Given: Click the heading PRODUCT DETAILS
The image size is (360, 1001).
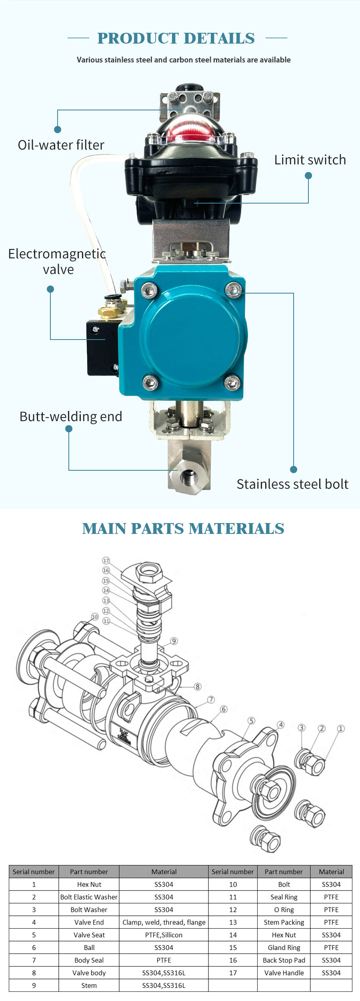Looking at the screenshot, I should pyautogui.click(x=176, y=38).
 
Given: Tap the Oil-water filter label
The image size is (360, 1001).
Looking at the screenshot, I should pyautogui.click(x=61, y=145).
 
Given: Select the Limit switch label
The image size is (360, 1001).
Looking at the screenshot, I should pyautogui.click(x=310, y=160).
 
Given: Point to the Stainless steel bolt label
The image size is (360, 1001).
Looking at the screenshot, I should pyautogui.click(x=292, y=484).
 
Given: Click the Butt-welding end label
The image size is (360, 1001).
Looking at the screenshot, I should pyautogui.click(x=71, y=416).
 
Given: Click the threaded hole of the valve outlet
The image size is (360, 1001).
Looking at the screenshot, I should pyautogui.click(x=188, y=477).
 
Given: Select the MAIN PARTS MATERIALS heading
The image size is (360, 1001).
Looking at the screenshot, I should pyautogui.click(x=183, y=529).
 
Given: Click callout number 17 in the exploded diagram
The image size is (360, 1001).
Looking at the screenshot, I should pyautogui.click(x=106, y=561).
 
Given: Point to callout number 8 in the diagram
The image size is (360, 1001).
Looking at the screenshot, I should pyautogui.click(x=197, y=687).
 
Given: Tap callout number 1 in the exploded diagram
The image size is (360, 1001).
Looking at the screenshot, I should pyautogui.click(x=340, y=728).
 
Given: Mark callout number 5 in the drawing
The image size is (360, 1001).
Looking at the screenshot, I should pyautogui.click(x=251, y=720).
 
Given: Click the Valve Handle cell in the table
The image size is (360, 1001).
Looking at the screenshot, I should pyautogui.click(x=284, y=973).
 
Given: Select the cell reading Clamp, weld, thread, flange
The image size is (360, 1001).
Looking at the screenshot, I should pyautogui.click(x=164, y=922).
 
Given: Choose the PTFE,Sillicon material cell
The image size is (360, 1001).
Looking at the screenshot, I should pyautogui.click(x=164, y=935).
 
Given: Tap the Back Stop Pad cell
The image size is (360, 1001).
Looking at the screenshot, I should pyautogui.click(x=284, y=960).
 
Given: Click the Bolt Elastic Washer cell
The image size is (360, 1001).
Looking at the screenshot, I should pyautogui.click(x=89, y=897).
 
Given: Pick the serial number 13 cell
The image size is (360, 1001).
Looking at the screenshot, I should pyautogui.click(x=233, y=922).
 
